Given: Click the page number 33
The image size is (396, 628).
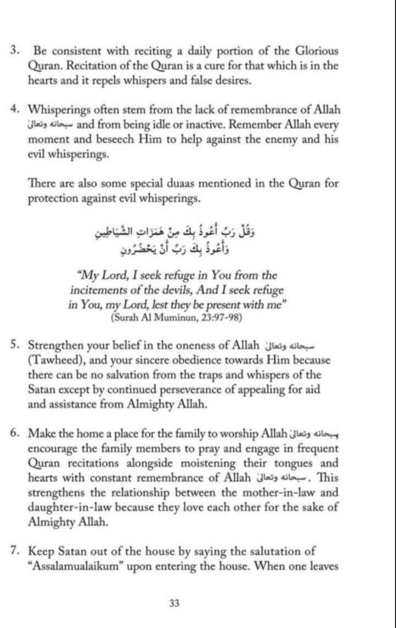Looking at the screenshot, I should click(x=175, y=603).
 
